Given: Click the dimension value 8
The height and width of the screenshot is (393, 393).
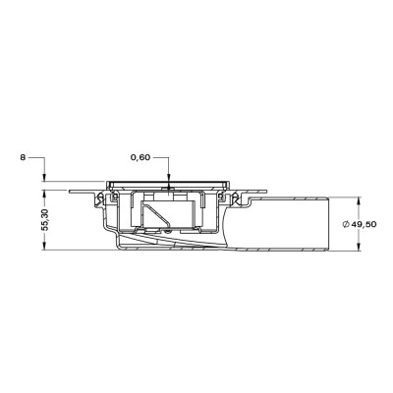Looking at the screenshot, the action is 23,157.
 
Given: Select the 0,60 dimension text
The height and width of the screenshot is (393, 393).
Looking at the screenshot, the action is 140,157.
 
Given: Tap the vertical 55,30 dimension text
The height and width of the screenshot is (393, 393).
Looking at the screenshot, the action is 45,220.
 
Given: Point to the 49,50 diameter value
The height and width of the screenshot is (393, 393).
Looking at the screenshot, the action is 364,224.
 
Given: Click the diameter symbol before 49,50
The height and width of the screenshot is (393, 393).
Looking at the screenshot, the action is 345,224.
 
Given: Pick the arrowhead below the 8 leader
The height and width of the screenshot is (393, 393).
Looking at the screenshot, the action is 44,177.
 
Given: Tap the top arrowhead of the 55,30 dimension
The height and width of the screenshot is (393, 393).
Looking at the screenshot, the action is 44,195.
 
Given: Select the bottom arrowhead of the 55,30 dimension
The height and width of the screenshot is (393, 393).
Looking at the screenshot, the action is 44,247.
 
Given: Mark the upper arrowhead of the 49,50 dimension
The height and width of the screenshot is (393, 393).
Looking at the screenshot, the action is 359,201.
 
